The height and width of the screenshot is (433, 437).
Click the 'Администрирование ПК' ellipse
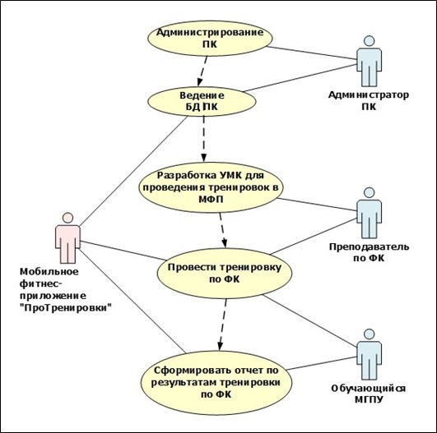coord(210,39)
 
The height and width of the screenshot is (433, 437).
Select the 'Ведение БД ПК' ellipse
coord(202,101)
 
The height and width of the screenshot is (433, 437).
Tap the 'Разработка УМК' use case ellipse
coord(210,187)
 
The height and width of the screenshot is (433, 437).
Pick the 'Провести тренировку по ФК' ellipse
coord(225,274)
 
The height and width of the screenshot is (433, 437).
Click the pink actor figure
coord(67,238)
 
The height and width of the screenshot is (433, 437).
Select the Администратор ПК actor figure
coord(370,61)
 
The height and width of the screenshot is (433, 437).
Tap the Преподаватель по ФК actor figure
coord(370,213)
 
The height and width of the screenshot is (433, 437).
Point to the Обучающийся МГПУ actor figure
coord(370,354)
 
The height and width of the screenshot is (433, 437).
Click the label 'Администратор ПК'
coord(369,101)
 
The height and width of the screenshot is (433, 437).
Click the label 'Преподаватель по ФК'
coord(369,252)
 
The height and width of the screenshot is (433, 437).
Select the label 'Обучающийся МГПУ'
coord(369,394)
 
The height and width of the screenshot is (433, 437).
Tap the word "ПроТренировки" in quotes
coord(66,308)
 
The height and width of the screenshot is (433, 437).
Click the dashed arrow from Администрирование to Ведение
coord(202,71)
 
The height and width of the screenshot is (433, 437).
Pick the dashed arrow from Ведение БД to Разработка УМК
coord(204,139)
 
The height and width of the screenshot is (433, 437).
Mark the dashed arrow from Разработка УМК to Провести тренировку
coord(223,230)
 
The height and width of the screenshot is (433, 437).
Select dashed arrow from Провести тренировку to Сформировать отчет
coord(223,325)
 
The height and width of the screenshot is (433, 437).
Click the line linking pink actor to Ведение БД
coord(133,171)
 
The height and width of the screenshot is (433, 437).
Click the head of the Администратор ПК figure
coord(370,40)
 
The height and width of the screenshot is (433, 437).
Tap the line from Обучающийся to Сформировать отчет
coord(321,363)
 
